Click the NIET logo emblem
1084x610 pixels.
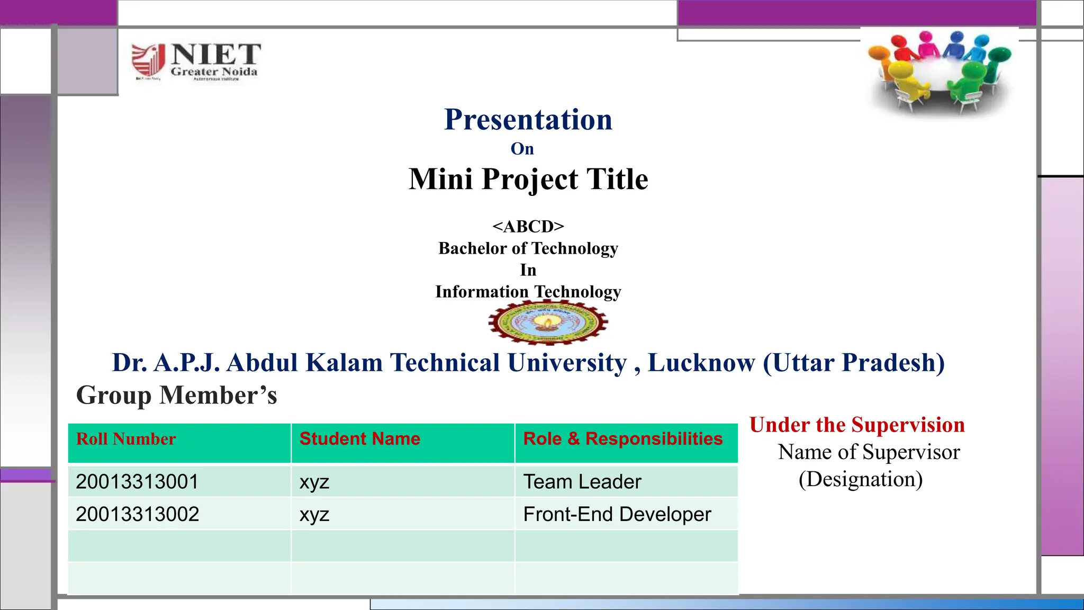click(x=148, y=60)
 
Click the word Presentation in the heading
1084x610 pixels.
click(x=528, y=120)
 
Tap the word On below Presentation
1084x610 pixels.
click(x=522, y=149)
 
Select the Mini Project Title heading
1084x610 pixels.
click(x=528, y=179)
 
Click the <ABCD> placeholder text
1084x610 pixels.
click(x=528, y=227)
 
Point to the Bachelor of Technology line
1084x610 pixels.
click(x=528, y=248)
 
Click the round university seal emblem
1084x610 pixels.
click(x=548, y=321)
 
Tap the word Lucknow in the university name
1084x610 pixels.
click(x=701, y=363)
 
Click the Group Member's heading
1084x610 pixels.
click(x=176, y=396)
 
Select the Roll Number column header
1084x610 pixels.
click(x=126, y=439)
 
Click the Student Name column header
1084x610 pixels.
click(x=359, y=439)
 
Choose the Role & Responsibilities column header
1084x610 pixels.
click(x=622, y=439)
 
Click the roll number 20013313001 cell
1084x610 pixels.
click(x=137, y=482)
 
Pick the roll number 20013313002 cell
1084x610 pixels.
click(x=137, y=514)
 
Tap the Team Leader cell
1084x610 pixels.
click(x=582, y=482)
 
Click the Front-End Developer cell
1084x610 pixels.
click(x=617, y=514)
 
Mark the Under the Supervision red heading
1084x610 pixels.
click(x=857, y=425)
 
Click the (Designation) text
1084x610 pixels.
click(x=860, y=479)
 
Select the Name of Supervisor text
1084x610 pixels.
click(x=869, y=452)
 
